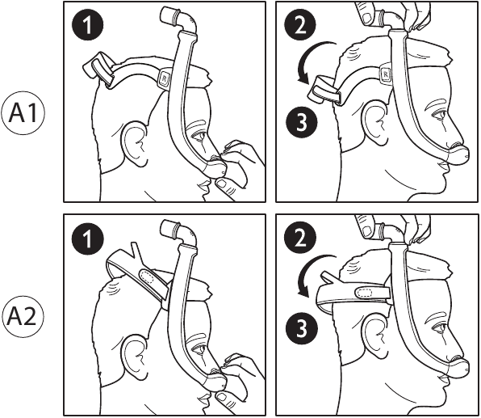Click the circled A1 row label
[x=25, y=114]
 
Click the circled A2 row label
[x=25, y=313]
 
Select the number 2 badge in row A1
[x=300, y=24]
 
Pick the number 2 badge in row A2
[x=300, y=237]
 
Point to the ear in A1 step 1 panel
[x=136, y=139]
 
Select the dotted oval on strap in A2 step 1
[x=149, y=275]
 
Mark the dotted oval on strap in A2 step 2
[x=365, y=293]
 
